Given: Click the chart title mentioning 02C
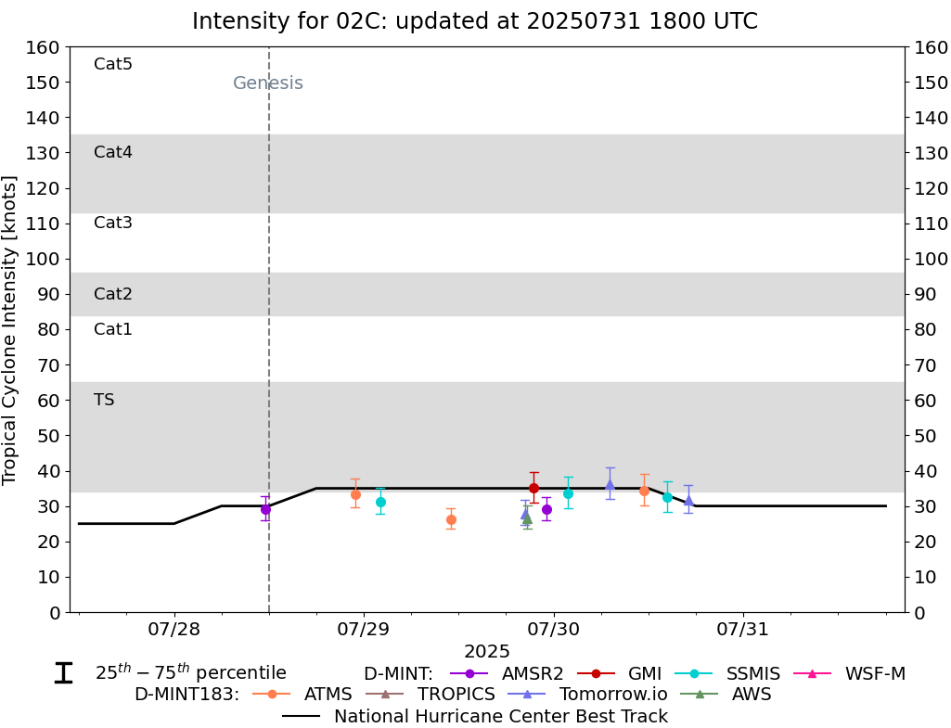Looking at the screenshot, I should coord(474,21).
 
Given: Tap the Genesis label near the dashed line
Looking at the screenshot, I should coord(268,83).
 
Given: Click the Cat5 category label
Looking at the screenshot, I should coord(113,64).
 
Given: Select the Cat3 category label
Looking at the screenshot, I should coord(113,223).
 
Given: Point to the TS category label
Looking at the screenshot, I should coord(104,400).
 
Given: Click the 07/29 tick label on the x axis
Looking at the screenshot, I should coord(364,630).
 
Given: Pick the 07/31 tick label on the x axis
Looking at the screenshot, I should coord(743,630).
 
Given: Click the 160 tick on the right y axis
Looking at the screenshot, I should coord(930,47).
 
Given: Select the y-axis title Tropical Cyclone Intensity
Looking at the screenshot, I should coord(10,329).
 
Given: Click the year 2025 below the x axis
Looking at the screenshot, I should coord(487,652).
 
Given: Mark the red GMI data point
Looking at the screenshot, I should coord(533,488).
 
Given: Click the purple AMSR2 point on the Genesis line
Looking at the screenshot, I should coord(265,509).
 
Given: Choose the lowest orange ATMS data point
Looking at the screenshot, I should coord(451,519).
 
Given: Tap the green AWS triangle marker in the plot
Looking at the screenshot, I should coord(527,518).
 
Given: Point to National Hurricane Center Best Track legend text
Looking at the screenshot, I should coord(500,716).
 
